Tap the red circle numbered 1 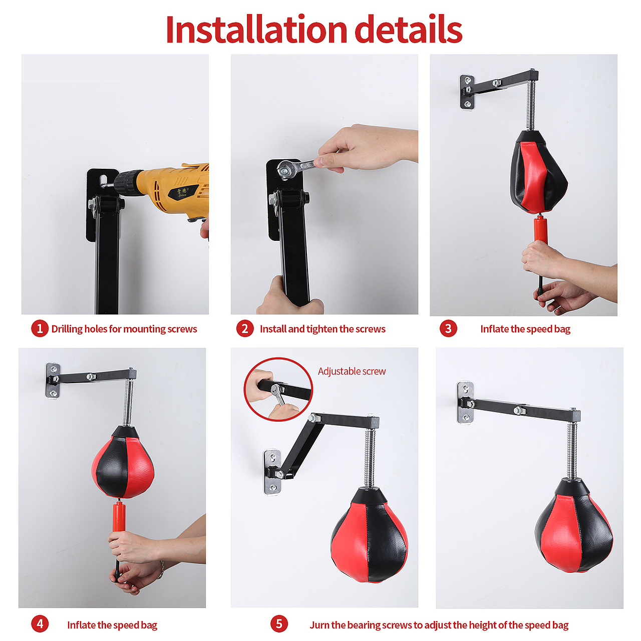pyautogui.click(x=40, y=329)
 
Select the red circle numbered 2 pyautogui.click(x=245, y=329)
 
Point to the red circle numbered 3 pyautogui.click(x=448, y=329)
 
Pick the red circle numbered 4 pyautogui.click(x=40, y=623)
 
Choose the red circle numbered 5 pyautogui.click(x=279, y=623)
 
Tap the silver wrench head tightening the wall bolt pyautogui.click(x=285, y=169)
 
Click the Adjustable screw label pyautogui.click(x=352, y=371)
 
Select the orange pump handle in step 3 pyautogui.click(x=540, y=229)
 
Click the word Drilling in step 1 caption pyautogui.click(x=67, y=329)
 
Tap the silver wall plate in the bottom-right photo pyautogui.click(x=465, y=403)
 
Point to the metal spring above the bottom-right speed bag pyautogui.click(x=571, y=451)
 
